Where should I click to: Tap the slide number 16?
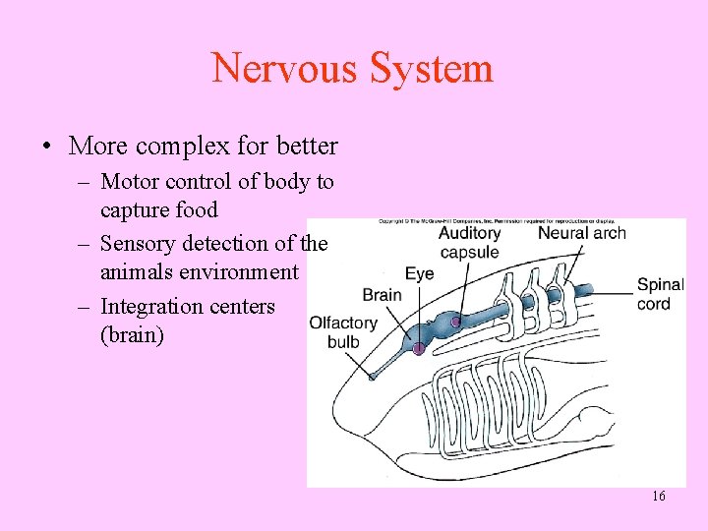click(658, 497)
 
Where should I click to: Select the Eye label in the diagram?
click(420, 273)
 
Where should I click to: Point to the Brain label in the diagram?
click(382, 294)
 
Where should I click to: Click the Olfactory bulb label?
click(343, 331)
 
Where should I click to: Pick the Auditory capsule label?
click(469, 242)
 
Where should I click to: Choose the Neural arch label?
click(581, 233)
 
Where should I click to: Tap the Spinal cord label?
click(660, 294)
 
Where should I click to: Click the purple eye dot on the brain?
click(419, 349)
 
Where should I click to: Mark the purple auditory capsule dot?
click(455, 322)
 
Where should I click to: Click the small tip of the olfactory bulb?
click(372, 375)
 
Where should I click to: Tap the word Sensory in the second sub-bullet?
click(137, 244)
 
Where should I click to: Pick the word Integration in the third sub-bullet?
click(150, 307)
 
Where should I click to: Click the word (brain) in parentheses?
click(133, 334)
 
